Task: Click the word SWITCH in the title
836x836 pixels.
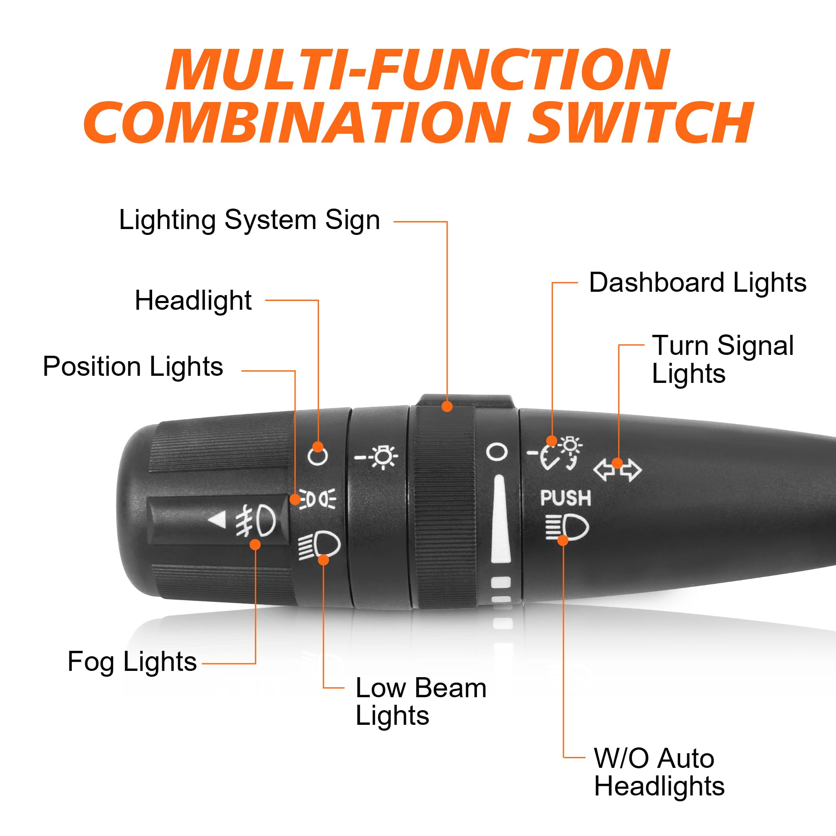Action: coord(640,122)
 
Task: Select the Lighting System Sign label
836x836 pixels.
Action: coord(249,220)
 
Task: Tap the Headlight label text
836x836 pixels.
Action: coord(193,300)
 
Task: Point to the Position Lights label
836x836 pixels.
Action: coord(133,367)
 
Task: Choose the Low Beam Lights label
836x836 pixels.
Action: coord(421,701)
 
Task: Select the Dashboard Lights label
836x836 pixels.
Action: coord(698,283)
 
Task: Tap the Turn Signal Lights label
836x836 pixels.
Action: coord(723,359)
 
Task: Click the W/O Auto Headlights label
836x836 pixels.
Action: coord(659,772)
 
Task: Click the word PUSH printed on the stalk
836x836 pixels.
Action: coord(565,498)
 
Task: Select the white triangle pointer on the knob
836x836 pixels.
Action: coord(219,519)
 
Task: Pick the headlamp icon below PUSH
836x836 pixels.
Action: coord(567,527)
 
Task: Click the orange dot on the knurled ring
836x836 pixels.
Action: coord(447,406)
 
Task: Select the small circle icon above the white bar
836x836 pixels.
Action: coord(496,452)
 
